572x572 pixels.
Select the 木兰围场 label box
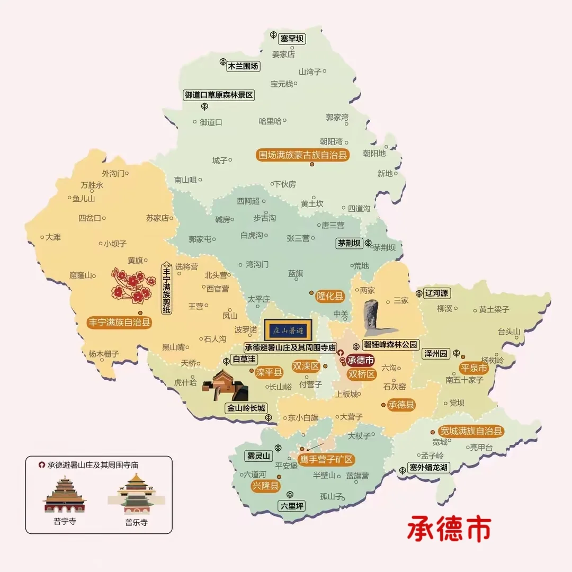pos(243,66)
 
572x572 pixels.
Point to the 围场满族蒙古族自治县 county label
pos(302,155)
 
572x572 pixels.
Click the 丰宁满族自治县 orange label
pos(119,322)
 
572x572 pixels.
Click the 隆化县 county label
pos(330,296)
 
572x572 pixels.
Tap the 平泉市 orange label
pos(473,368)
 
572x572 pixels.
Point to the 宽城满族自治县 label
pos(471,431)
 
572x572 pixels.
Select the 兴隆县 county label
pos(265,486)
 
